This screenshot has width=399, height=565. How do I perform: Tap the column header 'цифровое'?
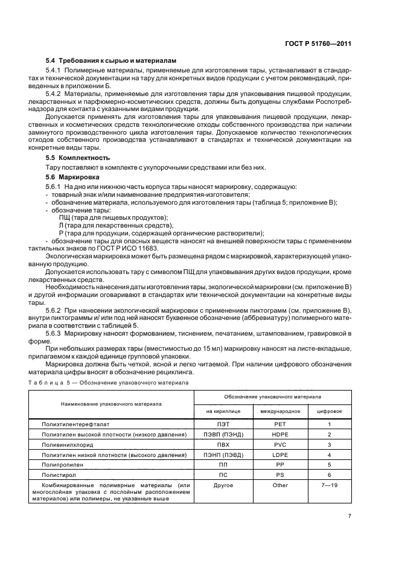pyautogui.click(x=329, y=410)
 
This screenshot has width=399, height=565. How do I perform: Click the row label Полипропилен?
pyautogui.click(x=61, y=465)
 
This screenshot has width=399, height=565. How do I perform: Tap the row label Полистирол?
pyautogui.click(x=58, y=475)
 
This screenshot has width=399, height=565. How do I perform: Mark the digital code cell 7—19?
pyautogui.click(x=329, y=485)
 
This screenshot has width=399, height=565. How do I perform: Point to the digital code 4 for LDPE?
pyautogui.click(x=329, y=455)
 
